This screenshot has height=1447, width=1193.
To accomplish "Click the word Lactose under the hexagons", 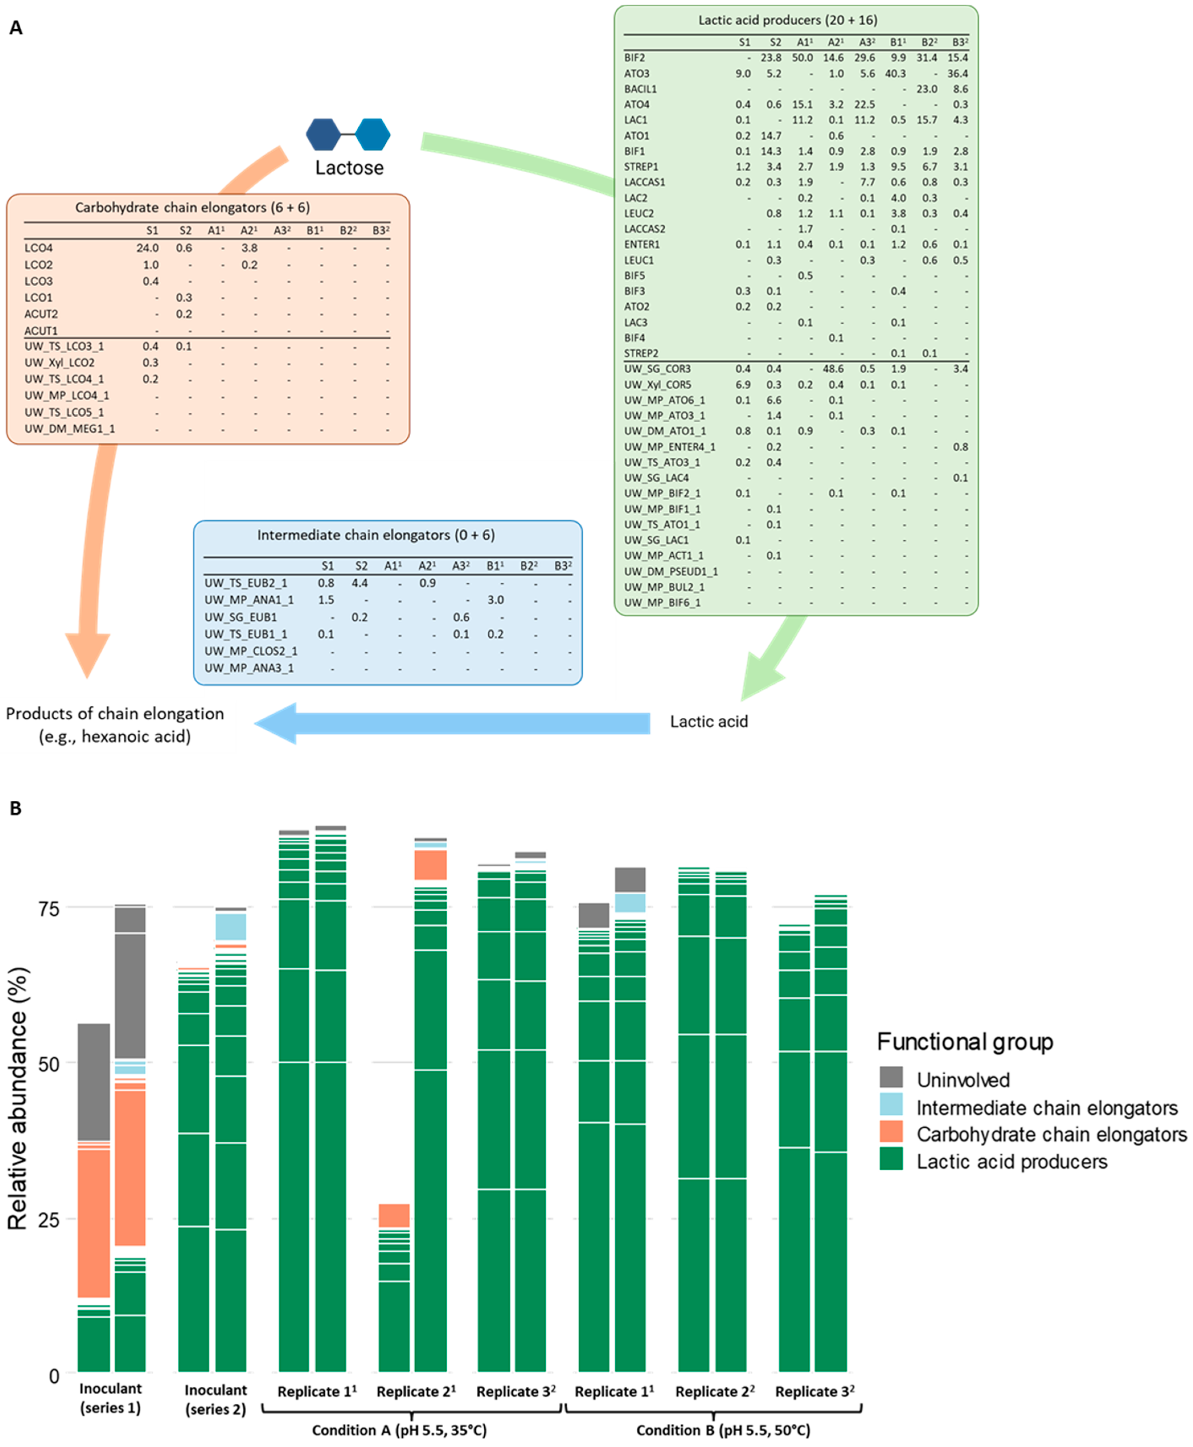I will click(349, 168).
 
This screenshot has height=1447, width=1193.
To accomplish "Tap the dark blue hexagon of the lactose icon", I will click(323, 134).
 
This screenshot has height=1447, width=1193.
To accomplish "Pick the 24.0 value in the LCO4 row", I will click(148, 248).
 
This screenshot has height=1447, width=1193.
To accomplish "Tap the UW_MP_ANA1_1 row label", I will click(249, 600).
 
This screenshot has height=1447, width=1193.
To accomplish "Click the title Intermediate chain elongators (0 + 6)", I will click(376, 535).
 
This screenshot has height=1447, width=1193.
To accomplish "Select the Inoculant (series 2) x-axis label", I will click(215, 1399).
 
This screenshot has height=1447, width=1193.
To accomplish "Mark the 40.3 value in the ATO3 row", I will click(895, 73).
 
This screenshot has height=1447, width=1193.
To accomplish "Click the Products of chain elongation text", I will click(115, 714).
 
